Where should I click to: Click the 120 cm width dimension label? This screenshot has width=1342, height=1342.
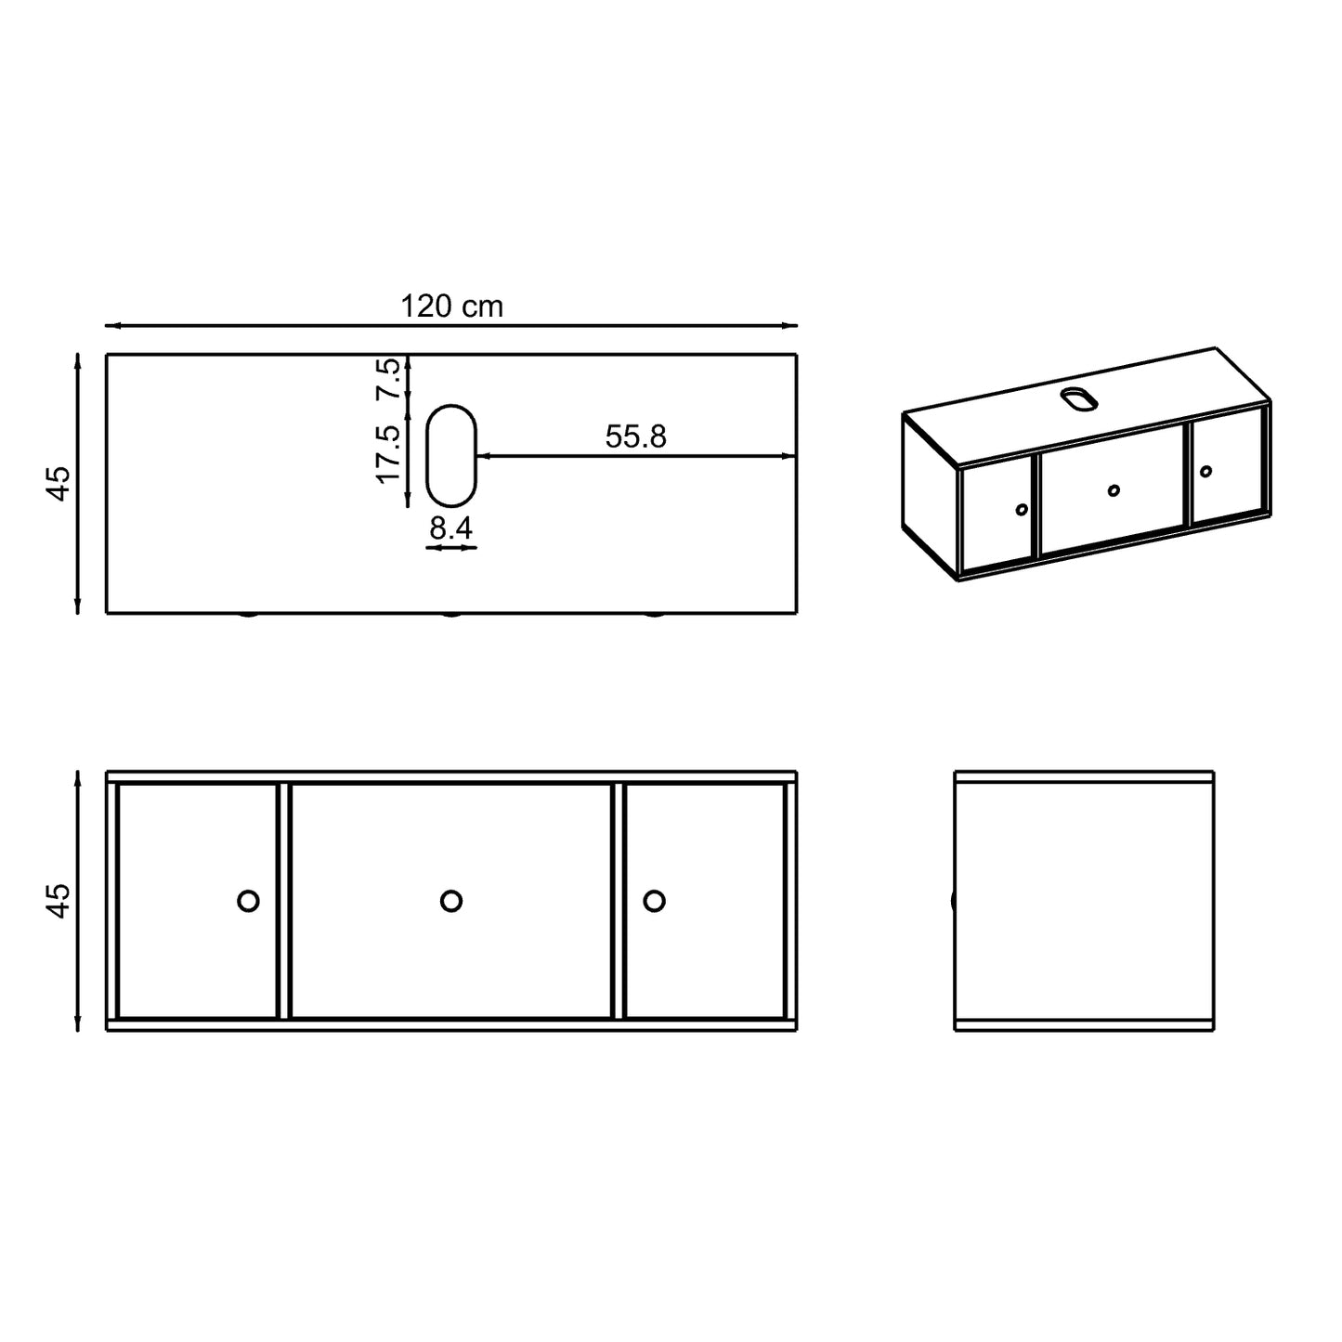[451, 306]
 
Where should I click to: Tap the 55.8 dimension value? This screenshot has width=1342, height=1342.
[636, 436]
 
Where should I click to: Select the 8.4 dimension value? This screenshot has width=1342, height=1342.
[450, 528]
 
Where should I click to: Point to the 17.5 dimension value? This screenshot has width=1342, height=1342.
[388, 454]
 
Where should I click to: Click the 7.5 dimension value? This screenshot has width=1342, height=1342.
[388, 378]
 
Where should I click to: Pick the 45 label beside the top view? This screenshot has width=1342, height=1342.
[59, 483]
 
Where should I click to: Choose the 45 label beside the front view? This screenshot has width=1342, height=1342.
[59, 901]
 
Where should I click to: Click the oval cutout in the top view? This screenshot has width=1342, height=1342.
[450, 455]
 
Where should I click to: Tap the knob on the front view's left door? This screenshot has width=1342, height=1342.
[248, 901]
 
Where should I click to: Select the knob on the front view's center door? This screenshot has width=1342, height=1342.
[451, 901]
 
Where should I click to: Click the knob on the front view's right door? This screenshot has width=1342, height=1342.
[654, 901]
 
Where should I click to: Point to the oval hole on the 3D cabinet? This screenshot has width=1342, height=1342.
[1079, 398]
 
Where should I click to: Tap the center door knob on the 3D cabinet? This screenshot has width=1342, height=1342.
[1114, 489]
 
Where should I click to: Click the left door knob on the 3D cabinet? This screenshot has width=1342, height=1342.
[1022, 509]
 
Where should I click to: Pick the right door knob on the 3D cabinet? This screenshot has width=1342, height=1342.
[1205, 472]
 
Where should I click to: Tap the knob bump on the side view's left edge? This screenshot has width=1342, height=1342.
[954, 900]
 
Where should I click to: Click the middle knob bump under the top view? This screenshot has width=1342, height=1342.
[451, 615]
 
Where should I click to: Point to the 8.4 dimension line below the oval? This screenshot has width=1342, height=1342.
[450, 547]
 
